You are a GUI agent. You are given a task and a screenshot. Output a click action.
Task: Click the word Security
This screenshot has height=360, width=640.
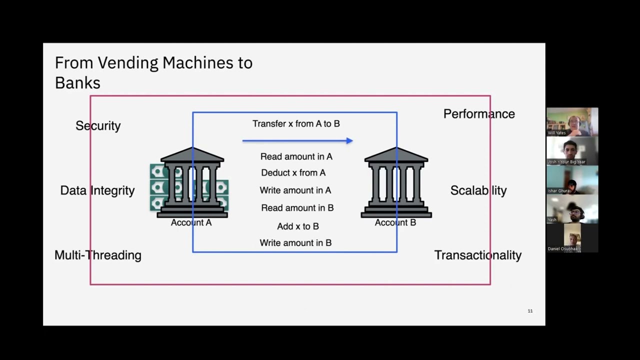[x=98, y=126]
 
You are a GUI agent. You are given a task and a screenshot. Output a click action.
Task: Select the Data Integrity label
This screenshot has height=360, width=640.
[x=97, y=190]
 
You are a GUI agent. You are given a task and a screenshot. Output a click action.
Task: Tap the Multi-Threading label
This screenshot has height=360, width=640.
[x=98, y=255]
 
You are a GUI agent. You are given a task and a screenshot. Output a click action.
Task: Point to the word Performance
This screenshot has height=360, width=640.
[x=479, y=114]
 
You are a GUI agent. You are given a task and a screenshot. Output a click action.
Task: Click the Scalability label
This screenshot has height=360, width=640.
[x=478, y=190]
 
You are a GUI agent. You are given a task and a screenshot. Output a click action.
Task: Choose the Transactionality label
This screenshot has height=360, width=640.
[x=478, y=255]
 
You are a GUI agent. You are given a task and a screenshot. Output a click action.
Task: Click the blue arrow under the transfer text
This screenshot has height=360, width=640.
[x=297, y=141]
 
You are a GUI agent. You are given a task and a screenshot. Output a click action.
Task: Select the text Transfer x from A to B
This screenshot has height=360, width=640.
[x=296, y=123]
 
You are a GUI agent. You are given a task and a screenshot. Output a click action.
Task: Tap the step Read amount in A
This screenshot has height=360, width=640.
[x=296, y=156]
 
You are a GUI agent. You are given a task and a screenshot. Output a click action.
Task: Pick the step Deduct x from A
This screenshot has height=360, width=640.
[x=293, y=172]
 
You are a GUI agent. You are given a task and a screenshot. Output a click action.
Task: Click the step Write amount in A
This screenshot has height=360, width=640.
[x=295, y=190]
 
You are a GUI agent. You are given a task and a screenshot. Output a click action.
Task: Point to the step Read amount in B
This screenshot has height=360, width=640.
[x=297, y=208]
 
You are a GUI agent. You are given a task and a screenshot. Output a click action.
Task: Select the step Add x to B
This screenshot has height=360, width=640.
[x=298, y=226]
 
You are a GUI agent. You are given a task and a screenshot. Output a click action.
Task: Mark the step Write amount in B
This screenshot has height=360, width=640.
[x=295, y=243]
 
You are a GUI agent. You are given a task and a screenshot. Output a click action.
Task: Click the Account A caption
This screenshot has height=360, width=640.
[x=191, y=222]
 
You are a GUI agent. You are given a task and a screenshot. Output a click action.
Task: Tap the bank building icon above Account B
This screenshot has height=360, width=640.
[x=396, y=182]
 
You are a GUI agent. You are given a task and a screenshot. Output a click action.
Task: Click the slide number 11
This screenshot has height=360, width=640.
[x=530, y=311]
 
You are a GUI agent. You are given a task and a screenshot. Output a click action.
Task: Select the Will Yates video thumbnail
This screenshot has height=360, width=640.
[x=572, y=122]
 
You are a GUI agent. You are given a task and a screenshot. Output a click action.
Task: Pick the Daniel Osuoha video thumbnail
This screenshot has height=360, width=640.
[x=572, y=238]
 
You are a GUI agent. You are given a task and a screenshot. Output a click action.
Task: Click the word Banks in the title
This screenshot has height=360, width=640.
[x=77, y=83]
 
